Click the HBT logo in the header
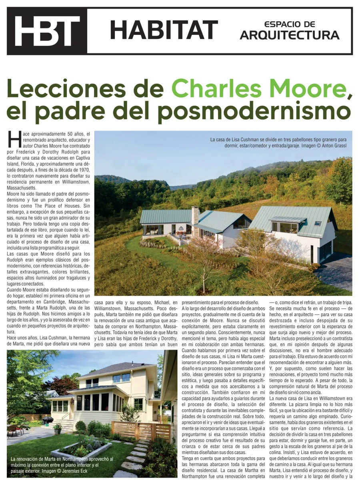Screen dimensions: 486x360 [47, 31]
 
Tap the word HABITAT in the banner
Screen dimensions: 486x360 [164, 30]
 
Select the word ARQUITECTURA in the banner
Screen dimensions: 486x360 [290, 36]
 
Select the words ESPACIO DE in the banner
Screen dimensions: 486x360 [290, 24]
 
